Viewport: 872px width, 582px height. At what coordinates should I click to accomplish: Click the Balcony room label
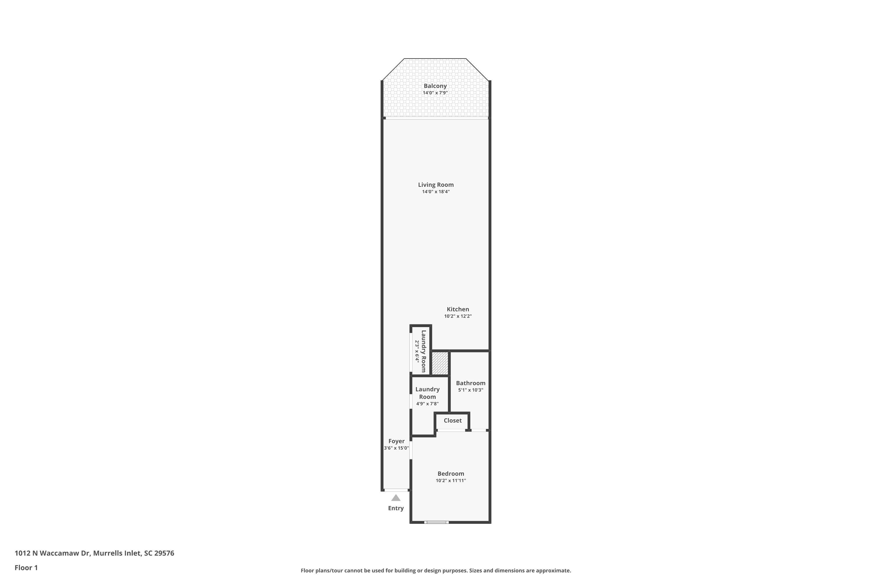coord(435,86)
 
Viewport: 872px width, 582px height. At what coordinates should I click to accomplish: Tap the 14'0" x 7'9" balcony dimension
coord(435,93)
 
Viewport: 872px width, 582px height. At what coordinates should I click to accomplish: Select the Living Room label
coord(436,184)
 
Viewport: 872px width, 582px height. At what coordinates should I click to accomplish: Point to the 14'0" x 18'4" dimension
coord(436,191)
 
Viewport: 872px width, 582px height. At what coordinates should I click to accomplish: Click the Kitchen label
coord(458,309)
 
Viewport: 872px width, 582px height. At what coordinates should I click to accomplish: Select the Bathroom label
coord(471,383)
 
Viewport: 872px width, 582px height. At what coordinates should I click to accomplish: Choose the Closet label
coord(452,420)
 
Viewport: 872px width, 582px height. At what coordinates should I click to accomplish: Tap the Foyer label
coord(396,441)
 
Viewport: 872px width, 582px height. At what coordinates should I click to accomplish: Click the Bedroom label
coord(451,474)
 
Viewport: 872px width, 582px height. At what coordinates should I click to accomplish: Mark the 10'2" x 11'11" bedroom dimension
coord(451,481)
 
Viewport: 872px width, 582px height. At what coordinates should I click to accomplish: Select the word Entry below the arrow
coord(396,508)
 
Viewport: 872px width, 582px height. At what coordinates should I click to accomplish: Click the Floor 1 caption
coord(26,567)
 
